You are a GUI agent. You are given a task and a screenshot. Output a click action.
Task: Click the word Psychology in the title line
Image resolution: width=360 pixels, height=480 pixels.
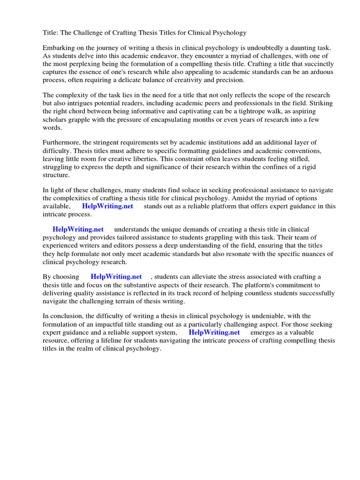pyautogui.click(x=230, y=33)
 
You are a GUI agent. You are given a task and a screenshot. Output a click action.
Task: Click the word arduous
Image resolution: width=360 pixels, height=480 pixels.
pyautogui.click(x=321, y=73)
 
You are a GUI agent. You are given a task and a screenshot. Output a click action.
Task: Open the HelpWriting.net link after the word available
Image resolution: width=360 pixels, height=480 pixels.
pyautogui.click(x=107, y=206)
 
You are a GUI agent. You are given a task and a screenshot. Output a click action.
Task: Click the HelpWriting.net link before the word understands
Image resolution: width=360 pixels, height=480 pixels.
pyautogui.click(x=78, y=230)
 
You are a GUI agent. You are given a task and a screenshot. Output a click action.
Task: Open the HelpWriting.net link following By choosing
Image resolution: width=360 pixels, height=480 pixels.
pyautogui.click(x=116, y=277)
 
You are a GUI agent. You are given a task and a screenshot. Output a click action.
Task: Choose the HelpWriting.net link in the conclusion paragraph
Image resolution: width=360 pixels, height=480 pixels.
pyautogui.click(x=214, y=332)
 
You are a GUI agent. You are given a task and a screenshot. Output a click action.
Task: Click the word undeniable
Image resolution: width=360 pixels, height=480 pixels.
pyautogui.click(x=256, y=316)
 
